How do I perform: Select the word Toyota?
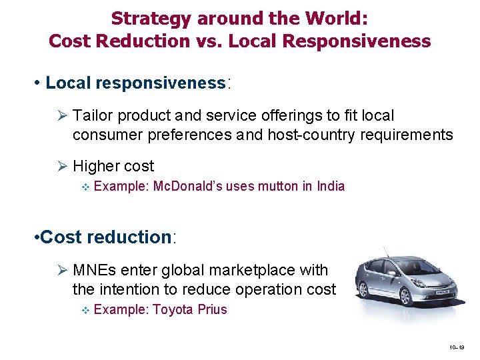coord(173,309)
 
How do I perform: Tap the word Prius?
coord(213,309)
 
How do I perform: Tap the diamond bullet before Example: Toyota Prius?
coord(83,310)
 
